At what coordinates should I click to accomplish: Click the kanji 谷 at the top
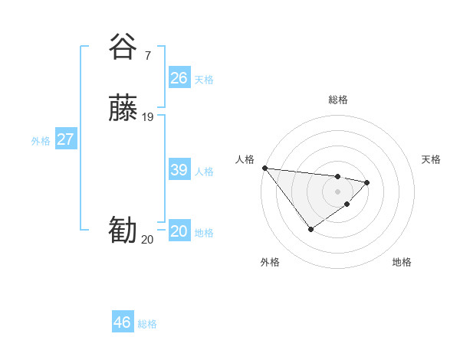123,47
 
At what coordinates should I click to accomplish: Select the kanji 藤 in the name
123,108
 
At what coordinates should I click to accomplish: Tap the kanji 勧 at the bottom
123,231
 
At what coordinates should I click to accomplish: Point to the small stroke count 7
147,55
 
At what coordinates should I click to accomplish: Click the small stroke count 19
148,116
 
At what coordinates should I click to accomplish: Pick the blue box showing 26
179,78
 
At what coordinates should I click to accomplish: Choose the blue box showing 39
179,170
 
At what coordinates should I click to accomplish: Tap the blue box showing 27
66,139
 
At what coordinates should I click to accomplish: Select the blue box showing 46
123,322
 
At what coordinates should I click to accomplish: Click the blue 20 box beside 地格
179,231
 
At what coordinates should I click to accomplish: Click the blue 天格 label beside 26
204,79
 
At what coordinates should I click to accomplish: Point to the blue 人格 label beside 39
204,171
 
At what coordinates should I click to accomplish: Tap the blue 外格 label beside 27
41,140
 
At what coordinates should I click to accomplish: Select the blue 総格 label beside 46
147,323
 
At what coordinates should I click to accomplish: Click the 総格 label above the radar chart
337,100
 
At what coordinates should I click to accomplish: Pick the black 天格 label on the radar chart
431,159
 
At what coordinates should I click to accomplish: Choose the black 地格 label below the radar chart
402,262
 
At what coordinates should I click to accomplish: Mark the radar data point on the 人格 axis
264,168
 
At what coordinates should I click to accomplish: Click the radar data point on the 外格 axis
310,228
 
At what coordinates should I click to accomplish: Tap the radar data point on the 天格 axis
367,182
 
